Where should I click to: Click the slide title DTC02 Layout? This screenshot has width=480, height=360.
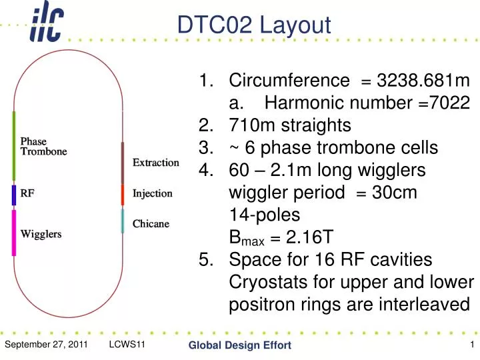[253, 25]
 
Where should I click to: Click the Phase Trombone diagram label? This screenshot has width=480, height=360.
[43, 146]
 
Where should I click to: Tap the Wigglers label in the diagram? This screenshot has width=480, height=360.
[41, 234]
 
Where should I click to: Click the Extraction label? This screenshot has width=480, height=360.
[156, 163]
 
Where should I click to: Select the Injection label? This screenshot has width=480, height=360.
[153, 194]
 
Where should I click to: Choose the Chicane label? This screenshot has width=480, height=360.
[151, 223]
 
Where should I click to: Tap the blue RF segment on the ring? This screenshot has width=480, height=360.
[13, 195]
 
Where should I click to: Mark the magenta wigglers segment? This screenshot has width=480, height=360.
[13, 233]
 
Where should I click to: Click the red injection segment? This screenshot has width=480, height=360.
[122, 195]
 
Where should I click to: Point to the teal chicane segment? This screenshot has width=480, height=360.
[122, 220]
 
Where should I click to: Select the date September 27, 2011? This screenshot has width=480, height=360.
[46, 344]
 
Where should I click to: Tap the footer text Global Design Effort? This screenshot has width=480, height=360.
[239, 345]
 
